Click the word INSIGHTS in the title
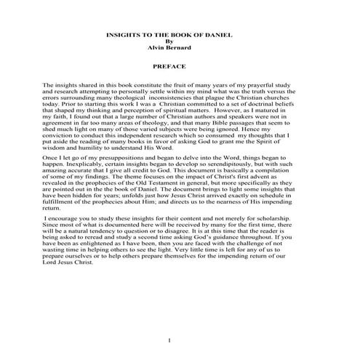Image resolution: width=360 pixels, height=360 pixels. (120, 34)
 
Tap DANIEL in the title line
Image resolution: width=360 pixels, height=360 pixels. (215, 34)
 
